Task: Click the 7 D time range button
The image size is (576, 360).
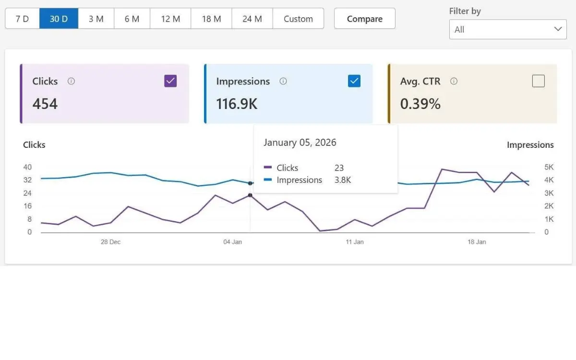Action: click(x=22, y=19)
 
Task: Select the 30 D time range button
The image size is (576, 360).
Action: click(x=59, y=19)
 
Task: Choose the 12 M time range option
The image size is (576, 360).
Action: click(x=170, y=19)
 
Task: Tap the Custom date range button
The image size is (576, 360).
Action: click(x=298, y=19)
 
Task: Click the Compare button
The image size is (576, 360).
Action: click(x=365, y=19)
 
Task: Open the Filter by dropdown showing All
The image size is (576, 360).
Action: click(x=508, y=29)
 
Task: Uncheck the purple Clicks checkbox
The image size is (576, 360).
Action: click(x=170, y=81)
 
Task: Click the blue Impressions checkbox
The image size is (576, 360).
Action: click(x=354, y=81)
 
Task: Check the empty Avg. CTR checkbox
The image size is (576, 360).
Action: click(x=539, y=81)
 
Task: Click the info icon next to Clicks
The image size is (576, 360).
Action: click(x=72, y=81)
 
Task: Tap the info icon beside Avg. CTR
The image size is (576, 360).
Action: click(x=454, y=81)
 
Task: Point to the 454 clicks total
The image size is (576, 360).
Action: click(x=45, y=104)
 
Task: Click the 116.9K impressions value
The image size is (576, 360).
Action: click(x=237, y=104)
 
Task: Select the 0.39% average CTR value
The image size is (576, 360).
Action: click(x=420, y=104)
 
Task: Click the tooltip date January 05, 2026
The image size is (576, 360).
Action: click(x=300, y=143)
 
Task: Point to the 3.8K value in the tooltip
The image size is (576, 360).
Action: click(x=343, y=180)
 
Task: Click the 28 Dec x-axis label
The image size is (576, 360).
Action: click(x=110, y=242)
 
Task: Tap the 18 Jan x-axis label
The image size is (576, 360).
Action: click(x=477, y=242)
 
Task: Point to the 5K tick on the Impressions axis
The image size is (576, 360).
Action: click(x=549, y=167)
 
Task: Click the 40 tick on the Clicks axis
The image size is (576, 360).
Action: click(x=27, y=167)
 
